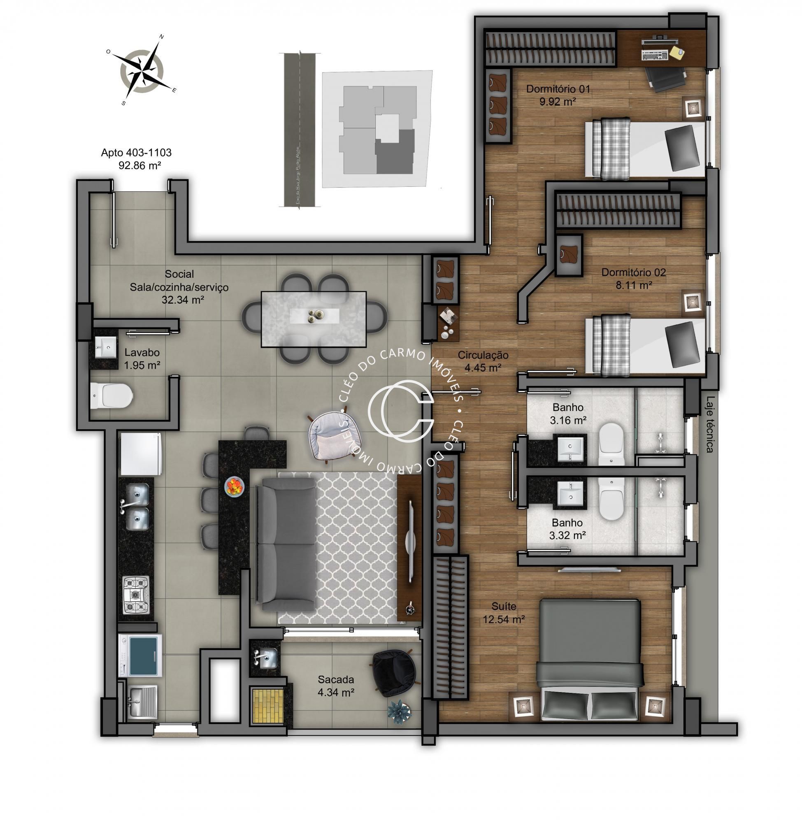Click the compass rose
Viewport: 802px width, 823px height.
coord(142,70)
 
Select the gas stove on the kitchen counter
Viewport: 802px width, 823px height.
coord(136,595)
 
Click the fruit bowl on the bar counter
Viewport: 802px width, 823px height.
coord(234,487)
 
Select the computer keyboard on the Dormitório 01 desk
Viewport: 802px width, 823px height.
coord(653,55)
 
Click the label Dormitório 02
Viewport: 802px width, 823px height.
coord(633,272)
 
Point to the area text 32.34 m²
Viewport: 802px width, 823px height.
coord(183,300)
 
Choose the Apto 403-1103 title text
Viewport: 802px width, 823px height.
coord(136,153)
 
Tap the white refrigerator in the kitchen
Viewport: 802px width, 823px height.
coord(141,455)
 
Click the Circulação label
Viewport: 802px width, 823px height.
coord(483,355)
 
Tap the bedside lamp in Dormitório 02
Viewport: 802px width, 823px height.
coord(692,301)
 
